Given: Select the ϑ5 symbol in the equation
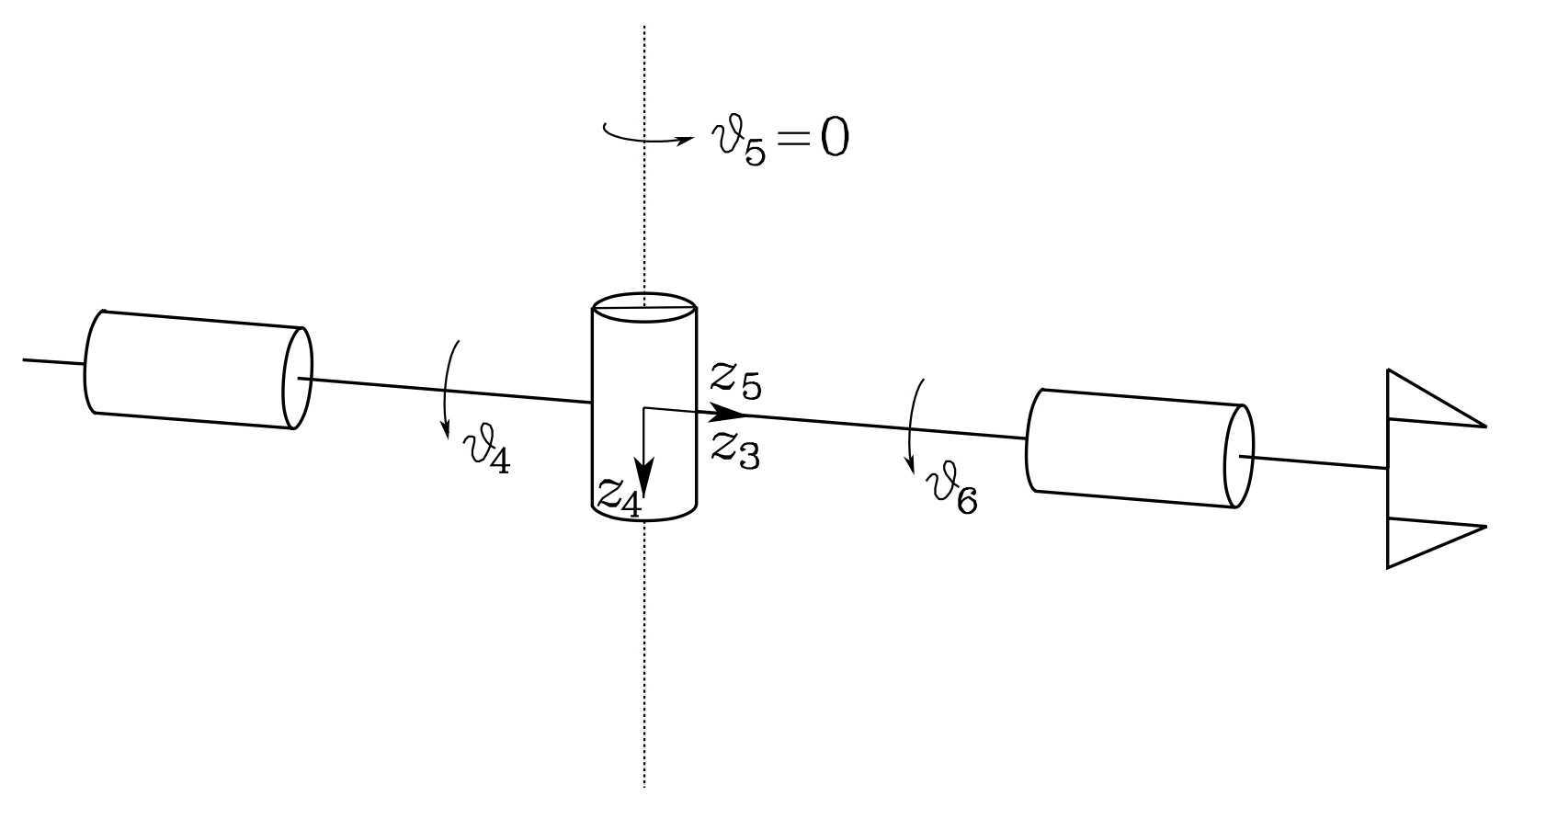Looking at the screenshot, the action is click(739, 142).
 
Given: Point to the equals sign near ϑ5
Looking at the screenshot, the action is click(793, 138).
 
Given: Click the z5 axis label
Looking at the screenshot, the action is click(736, 381).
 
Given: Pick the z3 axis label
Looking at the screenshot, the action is click(735, 450).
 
